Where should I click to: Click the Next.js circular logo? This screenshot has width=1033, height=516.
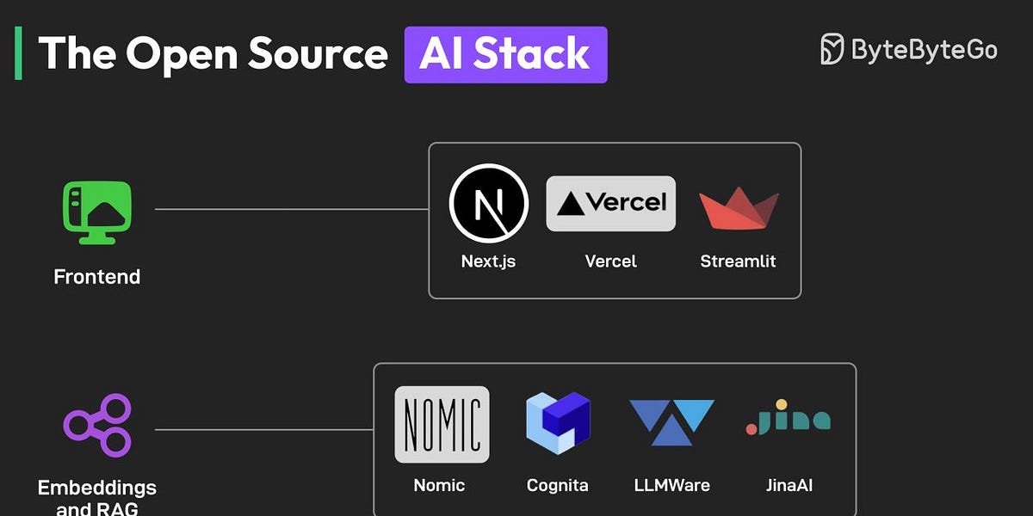coord(489,204)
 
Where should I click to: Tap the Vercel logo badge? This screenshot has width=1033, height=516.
coord(610,204)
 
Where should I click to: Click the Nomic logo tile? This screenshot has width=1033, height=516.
coord(442,425)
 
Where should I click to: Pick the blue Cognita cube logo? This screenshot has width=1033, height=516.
coord(558,423)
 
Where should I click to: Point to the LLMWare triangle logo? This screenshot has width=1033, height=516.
coord(671,421)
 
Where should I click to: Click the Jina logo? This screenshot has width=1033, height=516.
coord(788,419)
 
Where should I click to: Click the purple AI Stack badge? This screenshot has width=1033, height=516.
coord(505,55)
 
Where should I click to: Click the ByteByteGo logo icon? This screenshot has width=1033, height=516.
coord(832,49)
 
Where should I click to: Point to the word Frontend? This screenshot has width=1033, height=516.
coord(96,277)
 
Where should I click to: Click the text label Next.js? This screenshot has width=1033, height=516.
coord(489,261)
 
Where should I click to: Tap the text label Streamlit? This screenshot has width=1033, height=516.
coord(738,261)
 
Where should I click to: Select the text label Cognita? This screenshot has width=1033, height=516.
coord(557,485)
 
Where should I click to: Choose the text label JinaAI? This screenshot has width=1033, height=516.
coord(788,485)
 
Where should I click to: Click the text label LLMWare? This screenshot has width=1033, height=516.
coord(671,485)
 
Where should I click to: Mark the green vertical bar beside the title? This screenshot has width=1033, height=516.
coord(18,53)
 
